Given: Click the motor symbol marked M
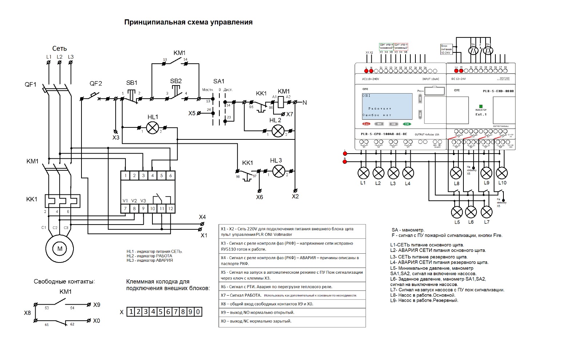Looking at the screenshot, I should (60, 249).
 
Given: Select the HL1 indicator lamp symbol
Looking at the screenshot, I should (153, 127).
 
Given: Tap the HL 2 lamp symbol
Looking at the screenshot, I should (278, 131).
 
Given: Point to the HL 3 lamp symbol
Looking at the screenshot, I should (279, 171).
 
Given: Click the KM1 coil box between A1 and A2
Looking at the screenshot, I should (281, 102).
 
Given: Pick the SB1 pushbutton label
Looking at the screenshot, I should (132, 83).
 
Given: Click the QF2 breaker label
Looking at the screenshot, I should (96, 84).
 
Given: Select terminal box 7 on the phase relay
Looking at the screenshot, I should (125, 209).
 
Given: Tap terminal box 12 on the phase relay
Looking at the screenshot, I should (170, 209).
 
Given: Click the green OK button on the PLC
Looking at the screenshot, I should (407, 124).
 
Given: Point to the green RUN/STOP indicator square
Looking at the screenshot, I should (481, 106).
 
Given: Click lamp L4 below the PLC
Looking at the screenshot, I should (408, 173).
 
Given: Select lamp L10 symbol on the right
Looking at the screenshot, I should (502, 173).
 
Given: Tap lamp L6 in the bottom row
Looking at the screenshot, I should (471, 212).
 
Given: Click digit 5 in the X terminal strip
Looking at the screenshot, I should (160, 312).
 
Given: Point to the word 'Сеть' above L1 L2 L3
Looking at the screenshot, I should (59, 49).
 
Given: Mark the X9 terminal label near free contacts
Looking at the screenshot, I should (97, 305).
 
